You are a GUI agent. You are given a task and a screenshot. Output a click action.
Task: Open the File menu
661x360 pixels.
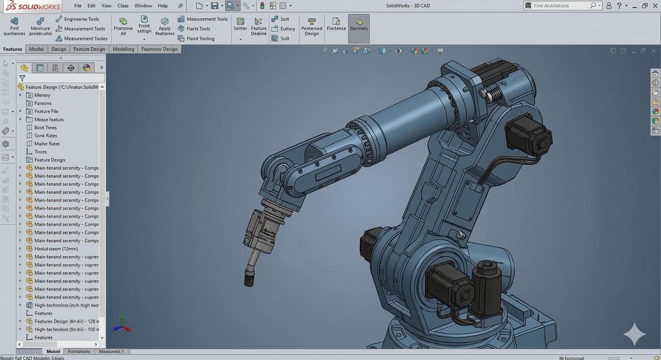point(78,6)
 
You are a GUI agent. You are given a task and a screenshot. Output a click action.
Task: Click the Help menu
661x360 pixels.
point(163,6)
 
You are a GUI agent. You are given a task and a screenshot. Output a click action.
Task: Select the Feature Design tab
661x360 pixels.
point(89,49)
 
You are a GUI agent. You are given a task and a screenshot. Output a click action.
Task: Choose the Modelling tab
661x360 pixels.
point(123,49)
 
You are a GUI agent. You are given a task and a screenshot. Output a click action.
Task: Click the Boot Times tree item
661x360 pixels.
point(45,128)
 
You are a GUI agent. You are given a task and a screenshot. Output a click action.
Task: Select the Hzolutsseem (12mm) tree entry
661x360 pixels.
point(56,249)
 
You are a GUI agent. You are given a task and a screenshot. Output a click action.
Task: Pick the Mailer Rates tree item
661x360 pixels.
point(47,144)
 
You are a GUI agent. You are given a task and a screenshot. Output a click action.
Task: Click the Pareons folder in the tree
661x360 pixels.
point(43,103)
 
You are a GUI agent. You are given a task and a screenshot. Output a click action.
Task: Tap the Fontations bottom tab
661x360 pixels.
point(79,352)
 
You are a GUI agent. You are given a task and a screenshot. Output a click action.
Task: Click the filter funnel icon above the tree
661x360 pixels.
point(22,78)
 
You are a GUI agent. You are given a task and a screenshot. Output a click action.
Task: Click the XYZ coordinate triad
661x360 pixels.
point(122,325)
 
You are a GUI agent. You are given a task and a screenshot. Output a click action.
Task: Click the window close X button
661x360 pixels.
point(655,6)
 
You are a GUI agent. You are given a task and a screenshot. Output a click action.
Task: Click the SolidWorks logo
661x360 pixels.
point(31,6)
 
